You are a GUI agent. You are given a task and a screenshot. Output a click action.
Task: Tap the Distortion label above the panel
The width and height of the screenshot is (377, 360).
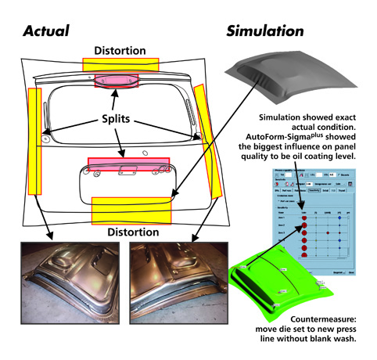point(120,51)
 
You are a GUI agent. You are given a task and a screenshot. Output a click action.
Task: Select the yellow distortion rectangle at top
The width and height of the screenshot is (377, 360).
point(120,63)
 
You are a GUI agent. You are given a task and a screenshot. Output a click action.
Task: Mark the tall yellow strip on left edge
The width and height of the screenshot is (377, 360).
point(34,141)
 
